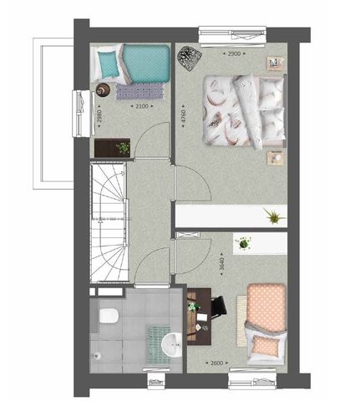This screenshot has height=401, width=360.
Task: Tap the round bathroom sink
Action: pos(173,343)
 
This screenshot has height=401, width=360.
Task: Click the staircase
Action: pos(110,221)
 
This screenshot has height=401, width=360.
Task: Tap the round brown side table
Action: pos(104,89)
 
